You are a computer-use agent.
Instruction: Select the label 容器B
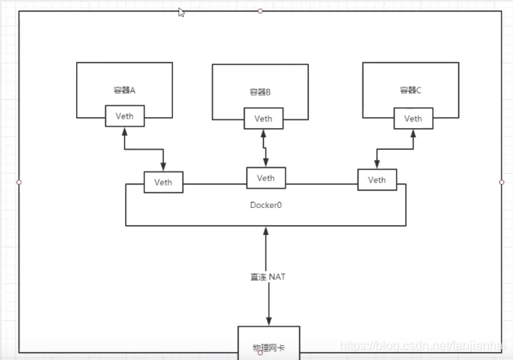(x=260, y=92)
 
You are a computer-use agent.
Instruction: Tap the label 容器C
(x=410, y=91)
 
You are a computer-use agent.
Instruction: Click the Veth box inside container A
(x=125, y=116)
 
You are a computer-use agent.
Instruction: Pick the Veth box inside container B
(x=264, y=118)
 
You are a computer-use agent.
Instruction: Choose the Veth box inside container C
(x=413, y=118)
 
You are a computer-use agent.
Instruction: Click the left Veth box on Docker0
(x=163, y=182)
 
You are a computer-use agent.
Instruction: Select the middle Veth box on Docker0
(x=265, y=178)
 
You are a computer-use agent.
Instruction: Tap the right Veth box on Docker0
(x=376, y=180)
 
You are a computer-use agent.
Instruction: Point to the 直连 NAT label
(x=266, y=277)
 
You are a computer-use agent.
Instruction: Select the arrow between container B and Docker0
(x=265, y=147)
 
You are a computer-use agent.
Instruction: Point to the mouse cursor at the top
(x=181, y=12)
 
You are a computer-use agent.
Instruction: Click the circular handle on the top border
(x=261, y=11)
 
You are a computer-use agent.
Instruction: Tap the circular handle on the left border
(x=19, y=182)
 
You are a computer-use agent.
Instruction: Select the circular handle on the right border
(x=501, y=182)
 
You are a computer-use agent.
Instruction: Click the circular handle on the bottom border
(x=261, y=353)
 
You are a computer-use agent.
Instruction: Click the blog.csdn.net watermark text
(x=426, y=344)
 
